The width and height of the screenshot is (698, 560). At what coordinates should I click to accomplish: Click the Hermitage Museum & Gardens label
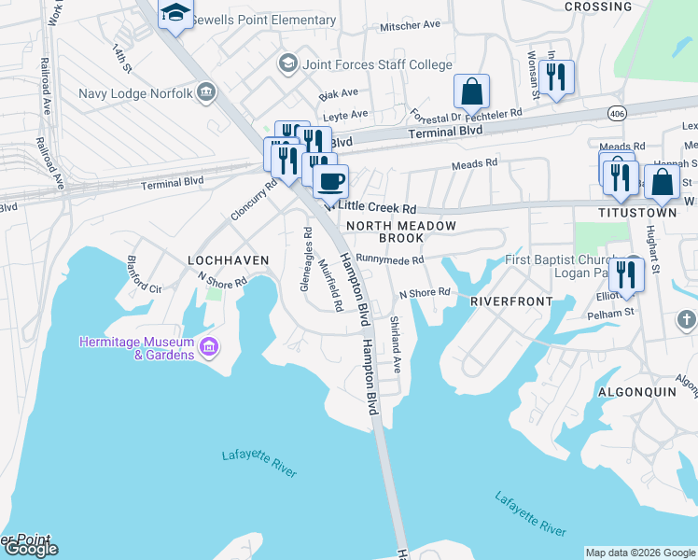coord(136,348)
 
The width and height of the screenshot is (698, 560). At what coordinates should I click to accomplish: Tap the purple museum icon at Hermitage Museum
coord(209,349)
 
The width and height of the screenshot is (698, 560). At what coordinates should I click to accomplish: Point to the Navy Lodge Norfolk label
coord(136,93)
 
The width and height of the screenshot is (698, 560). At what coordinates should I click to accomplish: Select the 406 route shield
coord(616,113)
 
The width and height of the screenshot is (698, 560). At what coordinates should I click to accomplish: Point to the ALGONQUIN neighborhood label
coord(635,392)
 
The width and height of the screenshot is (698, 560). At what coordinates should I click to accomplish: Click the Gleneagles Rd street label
coord(306,259)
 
